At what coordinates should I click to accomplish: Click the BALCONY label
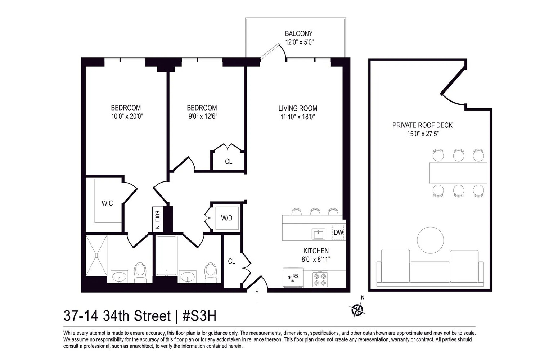(298, 33)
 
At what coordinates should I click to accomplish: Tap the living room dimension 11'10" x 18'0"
(298, 117)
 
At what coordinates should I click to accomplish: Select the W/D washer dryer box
(227, 218)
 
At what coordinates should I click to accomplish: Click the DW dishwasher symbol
(338, 233)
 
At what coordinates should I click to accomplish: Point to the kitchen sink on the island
(318, 234)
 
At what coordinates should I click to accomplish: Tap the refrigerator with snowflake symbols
(293, 278)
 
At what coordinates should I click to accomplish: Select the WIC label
(107, 203)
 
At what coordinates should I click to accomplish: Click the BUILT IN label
(157, 220)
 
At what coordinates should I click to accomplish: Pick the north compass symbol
(357, 309)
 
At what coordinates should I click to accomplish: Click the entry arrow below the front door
(257, 296)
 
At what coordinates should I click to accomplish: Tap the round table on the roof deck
(430, 240)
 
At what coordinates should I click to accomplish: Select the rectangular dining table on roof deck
(458, 173)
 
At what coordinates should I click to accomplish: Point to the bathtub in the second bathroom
(166, 255)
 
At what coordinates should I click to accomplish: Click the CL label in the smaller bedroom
(229, 162)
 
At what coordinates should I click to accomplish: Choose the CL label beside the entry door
(231, 261)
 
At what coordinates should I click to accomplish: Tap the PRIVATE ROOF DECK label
(422, 125)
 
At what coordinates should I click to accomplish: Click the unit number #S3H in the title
(199, 316)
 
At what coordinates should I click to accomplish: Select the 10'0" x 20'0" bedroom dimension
(126, 116)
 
